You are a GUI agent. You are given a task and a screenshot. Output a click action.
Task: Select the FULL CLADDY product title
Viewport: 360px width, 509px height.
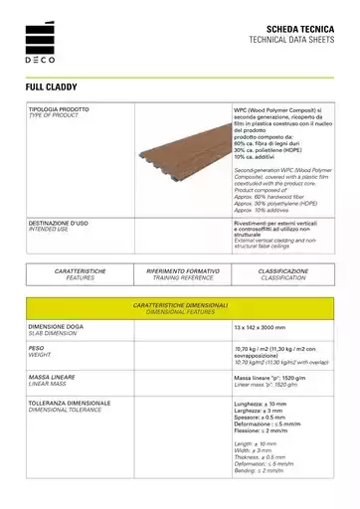(56, 87)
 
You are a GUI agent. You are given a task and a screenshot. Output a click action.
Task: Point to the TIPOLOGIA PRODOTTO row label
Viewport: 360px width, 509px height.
(59, 109)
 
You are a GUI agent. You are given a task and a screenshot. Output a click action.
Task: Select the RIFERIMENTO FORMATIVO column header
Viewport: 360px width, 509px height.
(182, 270)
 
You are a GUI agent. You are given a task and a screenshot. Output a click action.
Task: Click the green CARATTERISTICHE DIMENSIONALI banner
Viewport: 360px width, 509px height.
(180, 307)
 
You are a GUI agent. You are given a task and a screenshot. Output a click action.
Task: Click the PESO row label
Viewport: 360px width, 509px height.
(40, 348)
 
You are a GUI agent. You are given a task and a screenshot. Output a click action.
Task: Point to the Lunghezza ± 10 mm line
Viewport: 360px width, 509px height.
(262, 404)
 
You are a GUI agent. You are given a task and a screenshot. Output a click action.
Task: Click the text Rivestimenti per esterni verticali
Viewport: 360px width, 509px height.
(282, 224)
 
